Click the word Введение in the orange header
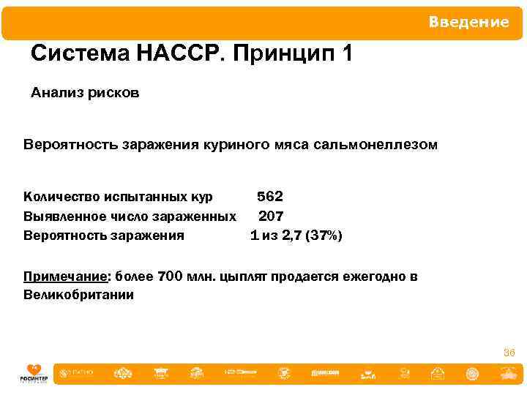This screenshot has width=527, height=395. (x=468, y=23)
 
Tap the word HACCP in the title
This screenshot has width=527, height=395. (x=173, y=54)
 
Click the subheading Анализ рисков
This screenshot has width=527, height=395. (x=85, y=94)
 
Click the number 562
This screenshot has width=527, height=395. (x=269, y=197)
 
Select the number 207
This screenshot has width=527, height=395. (x=271, y=216)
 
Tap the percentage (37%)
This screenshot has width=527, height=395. (x=324, y=236)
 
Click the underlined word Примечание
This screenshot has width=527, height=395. (x=66, y=277)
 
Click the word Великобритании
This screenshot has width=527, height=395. (x=78, y=296)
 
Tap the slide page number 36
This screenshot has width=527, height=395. (x=509, y=353)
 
